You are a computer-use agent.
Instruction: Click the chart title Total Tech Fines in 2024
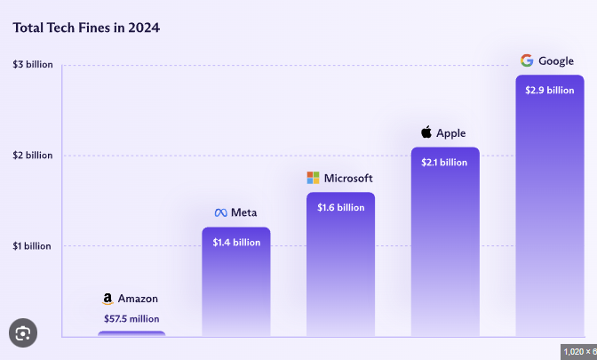(86, 28)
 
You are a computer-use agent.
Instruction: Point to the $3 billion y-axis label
(33, 65)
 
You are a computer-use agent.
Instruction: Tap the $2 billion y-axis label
(33, 156)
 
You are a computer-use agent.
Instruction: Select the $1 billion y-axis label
(33, 246)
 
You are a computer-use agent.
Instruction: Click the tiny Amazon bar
(131, 334)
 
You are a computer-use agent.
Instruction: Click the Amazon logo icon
(107, 300)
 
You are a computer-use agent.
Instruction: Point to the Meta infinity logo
(221, 213)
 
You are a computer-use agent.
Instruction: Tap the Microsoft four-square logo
(313, 178)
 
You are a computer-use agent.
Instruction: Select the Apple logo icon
(426, 132)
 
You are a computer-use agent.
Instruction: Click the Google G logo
(527, 60)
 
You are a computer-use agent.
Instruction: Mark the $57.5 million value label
(131, 318)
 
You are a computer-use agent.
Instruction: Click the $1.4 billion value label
(236, 242)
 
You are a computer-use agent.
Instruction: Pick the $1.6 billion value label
(341, 207)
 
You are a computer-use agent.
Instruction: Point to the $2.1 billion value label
(445, 162)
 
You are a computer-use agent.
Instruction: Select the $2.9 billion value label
(550, 90)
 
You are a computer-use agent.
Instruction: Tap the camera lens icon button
(23, 333)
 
